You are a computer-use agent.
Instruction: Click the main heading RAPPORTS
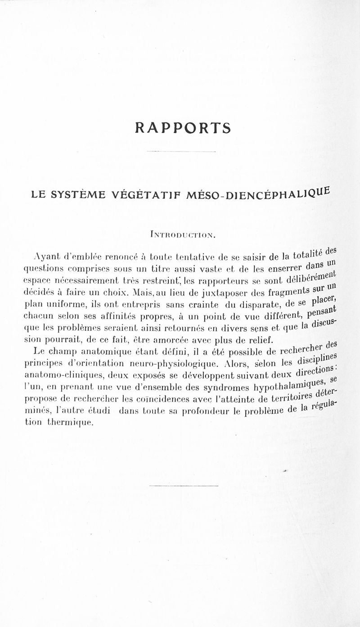182,128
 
